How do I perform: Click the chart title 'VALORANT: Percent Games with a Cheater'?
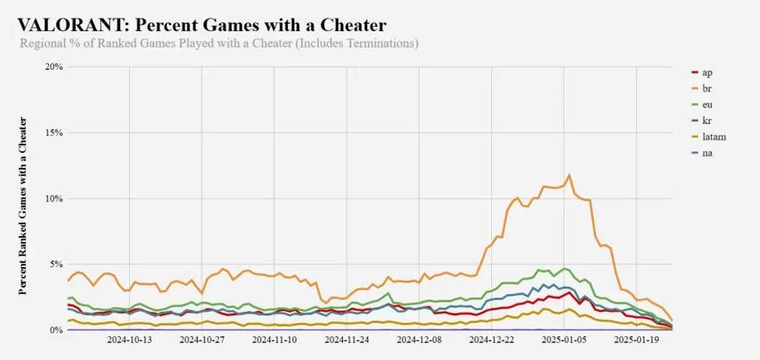(x=202, y=24)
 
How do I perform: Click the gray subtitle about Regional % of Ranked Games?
(x=220, y=43)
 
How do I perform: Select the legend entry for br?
(x=706, y=88)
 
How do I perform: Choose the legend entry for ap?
(x=706, y=72)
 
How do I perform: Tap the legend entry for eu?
(x=706, y=104)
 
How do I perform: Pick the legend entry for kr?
(x=706, y=120)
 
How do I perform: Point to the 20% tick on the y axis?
(x=54, y=67)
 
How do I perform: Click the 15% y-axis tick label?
(x=54, y=132)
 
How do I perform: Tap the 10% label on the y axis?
(x=54, y=199)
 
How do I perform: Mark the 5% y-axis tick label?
(x=56, y=264)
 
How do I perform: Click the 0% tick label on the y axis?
(x=56, y=330)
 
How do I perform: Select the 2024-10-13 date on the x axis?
(x=130, y=338)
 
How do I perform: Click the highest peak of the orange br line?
(x=569, y=175)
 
